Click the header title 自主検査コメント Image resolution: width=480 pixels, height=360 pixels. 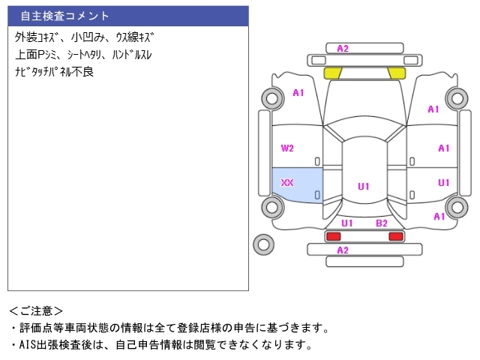64,16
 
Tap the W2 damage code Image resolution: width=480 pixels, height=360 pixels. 287,148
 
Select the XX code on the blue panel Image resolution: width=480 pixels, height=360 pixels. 287,183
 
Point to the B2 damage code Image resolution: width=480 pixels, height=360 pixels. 382,223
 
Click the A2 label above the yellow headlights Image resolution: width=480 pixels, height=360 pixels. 343,49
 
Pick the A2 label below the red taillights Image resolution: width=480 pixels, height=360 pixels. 343,250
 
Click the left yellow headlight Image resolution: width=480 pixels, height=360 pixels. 333,73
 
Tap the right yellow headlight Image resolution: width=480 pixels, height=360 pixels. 397,73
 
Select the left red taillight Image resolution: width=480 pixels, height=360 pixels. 333,236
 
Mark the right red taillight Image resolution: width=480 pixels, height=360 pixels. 396,236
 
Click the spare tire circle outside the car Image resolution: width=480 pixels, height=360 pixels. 263,244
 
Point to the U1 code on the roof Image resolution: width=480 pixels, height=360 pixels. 364,187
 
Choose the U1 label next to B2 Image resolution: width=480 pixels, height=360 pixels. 347,223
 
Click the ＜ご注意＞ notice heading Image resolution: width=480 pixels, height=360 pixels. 36,311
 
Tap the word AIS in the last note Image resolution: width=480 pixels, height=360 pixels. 27,345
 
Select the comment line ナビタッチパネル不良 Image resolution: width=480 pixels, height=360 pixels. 54,72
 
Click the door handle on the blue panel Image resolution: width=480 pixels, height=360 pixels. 317,195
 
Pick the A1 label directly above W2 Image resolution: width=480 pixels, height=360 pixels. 298,93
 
